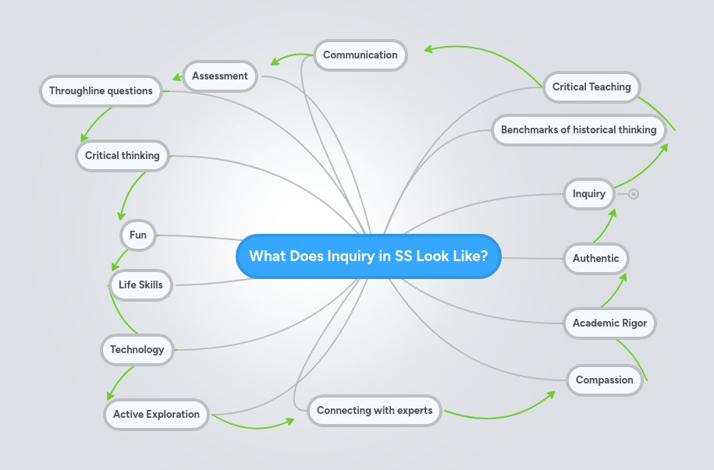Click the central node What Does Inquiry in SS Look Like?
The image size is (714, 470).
[x=368, y=256]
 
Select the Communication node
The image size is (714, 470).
[x=360, y=55]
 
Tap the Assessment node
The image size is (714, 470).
[x=220, y=76]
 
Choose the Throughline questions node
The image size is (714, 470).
[x=101, y=90]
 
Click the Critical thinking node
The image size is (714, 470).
[x=122, y=155]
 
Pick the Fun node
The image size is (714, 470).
[x=138, y=235]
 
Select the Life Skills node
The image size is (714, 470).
[x=140, y=284]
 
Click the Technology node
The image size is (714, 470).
[x=137, y=349]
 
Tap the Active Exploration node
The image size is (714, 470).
[x=156, y=414]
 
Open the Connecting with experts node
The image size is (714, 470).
[x=375, y=410]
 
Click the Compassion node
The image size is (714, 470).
[x=604, y=380]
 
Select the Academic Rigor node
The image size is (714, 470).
[x=609, y=323]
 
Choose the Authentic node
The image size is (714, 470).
[x=595, y=258]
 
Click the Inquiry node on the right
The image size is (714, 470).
[x=588, y=193]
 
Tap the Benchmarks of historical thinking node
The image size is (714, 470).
[x=578, y=129]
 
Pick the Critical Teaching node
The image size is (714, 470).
[x=591, y=87]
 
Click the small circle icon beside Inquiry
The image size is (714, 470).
[x=634, y=194]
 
